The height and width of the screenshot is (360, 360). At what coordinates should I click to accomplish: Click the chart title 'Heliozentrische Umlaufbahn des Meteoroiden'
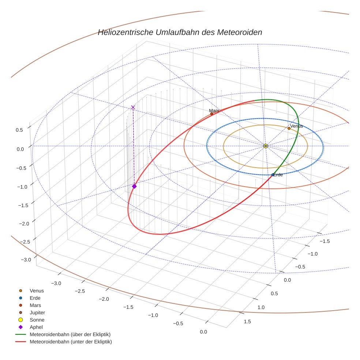(x=180, y=32)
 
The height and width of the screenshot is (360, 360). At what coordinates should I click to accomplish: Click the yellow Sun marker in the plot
(x=266, y=146)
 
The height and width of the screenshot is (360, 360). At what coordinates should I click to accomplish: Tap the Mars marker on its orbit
(x=211, y=114)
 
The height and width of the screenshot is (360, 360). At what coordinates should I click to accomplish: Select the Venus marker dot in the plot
(x=289, y=128)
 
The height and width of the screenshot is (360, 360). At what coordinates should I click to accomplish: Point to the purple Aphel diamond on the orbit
(x=134, y=186)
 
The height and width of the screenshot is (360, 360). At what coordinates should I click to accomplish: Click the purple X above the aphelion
(x=133, y=107)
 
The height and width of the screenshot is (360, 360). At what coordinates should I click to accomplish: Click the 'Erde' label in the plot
(x=278, y=175)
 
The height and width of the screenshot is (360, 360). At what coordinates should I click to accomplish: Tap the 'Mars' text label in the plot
(x=214, y=110)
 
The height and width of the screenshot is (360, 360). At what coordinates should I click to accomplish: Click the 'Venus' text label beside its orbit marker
(x=296, y=126)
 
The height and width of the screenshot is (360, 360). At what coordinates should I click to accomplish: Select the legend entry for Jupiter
(x=37, y=312)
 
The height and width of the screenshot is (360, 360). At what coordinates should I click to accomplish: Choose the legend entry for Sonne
(x=37, y=320)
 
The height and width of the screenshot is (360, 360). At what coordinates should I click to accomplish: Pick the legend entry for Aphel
(x=36, y=327)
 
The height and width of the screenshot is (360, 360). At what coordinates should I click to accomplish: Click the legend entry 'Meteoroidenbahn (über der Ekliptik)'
(x=70, y=334)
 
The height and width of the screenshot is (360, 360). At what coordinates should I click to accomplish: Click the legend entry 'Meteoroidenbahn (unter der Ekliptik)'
(x=71, y=342)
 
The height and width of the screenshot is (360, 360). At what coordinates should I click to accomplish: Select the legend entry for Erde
(x=35, y=298)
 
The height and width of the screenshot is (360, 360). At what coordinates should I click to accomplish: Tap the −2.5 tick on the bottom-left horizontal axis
(x=79, y=291)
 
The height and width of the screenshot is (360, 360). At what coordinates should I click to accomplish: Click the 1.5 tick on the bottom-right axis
(x=247, y=321)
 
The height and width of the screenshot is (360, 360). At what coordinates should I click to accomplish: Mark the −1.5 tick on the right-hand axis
(x=325, y=241)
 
